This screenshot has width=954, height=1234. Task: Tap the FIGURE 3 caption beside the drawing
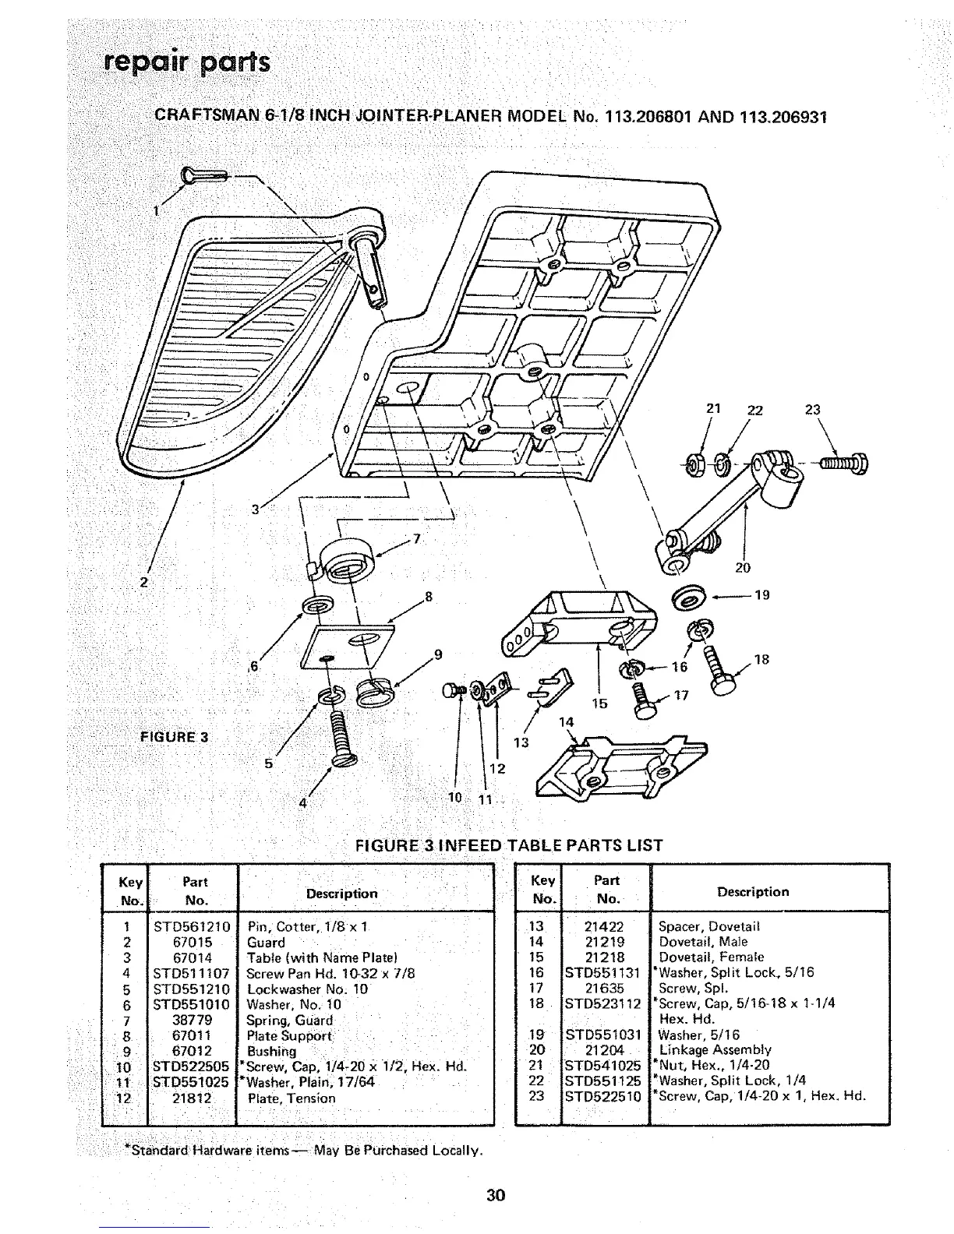(174, 736)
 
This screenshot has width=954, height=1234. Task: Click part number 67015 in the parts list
(192, 942)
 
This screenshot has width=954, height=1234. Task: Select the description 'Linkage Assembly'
(715, 1049)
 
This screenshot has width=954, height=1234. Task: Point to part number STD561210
(192, 926)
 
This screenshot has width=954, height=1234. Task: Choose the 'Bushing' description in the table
(272, 1051)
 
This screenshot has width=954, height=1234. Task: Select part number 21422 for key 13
(606, 926)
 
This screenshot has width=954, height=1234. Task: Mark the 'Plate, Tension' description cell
(291, 1098)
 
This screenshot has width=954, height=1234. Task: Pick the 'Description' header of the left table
(341, 894)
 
